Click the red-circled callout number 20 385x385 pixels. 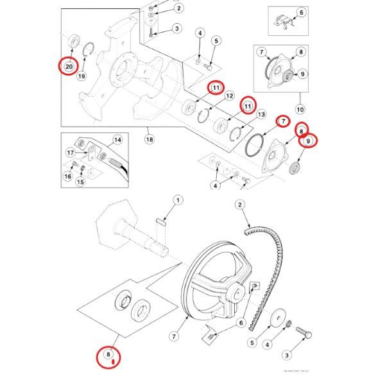click(x=66, y=65)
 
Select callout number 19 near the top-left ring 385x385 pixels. click(x=81, y=76)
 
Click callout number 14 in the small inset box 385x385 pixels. click(x=117, y=139)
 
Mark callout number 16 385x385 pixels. click(x=67, y=175)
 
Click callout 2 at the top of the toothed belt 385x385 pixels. click(x=240, y=205)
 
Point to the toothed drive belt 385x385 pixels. click(x=273, y=257)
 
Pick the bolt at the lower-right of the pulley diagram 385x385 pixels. click(x=305, y=334)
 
